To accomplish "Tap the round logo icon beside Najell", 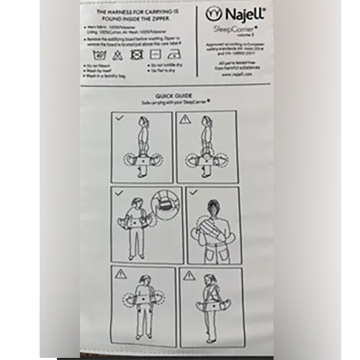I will [212, 14].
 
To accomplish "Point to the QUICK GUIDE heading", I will [172, 96].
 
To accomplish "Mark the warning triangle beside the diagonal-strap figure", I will [189, 274].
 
